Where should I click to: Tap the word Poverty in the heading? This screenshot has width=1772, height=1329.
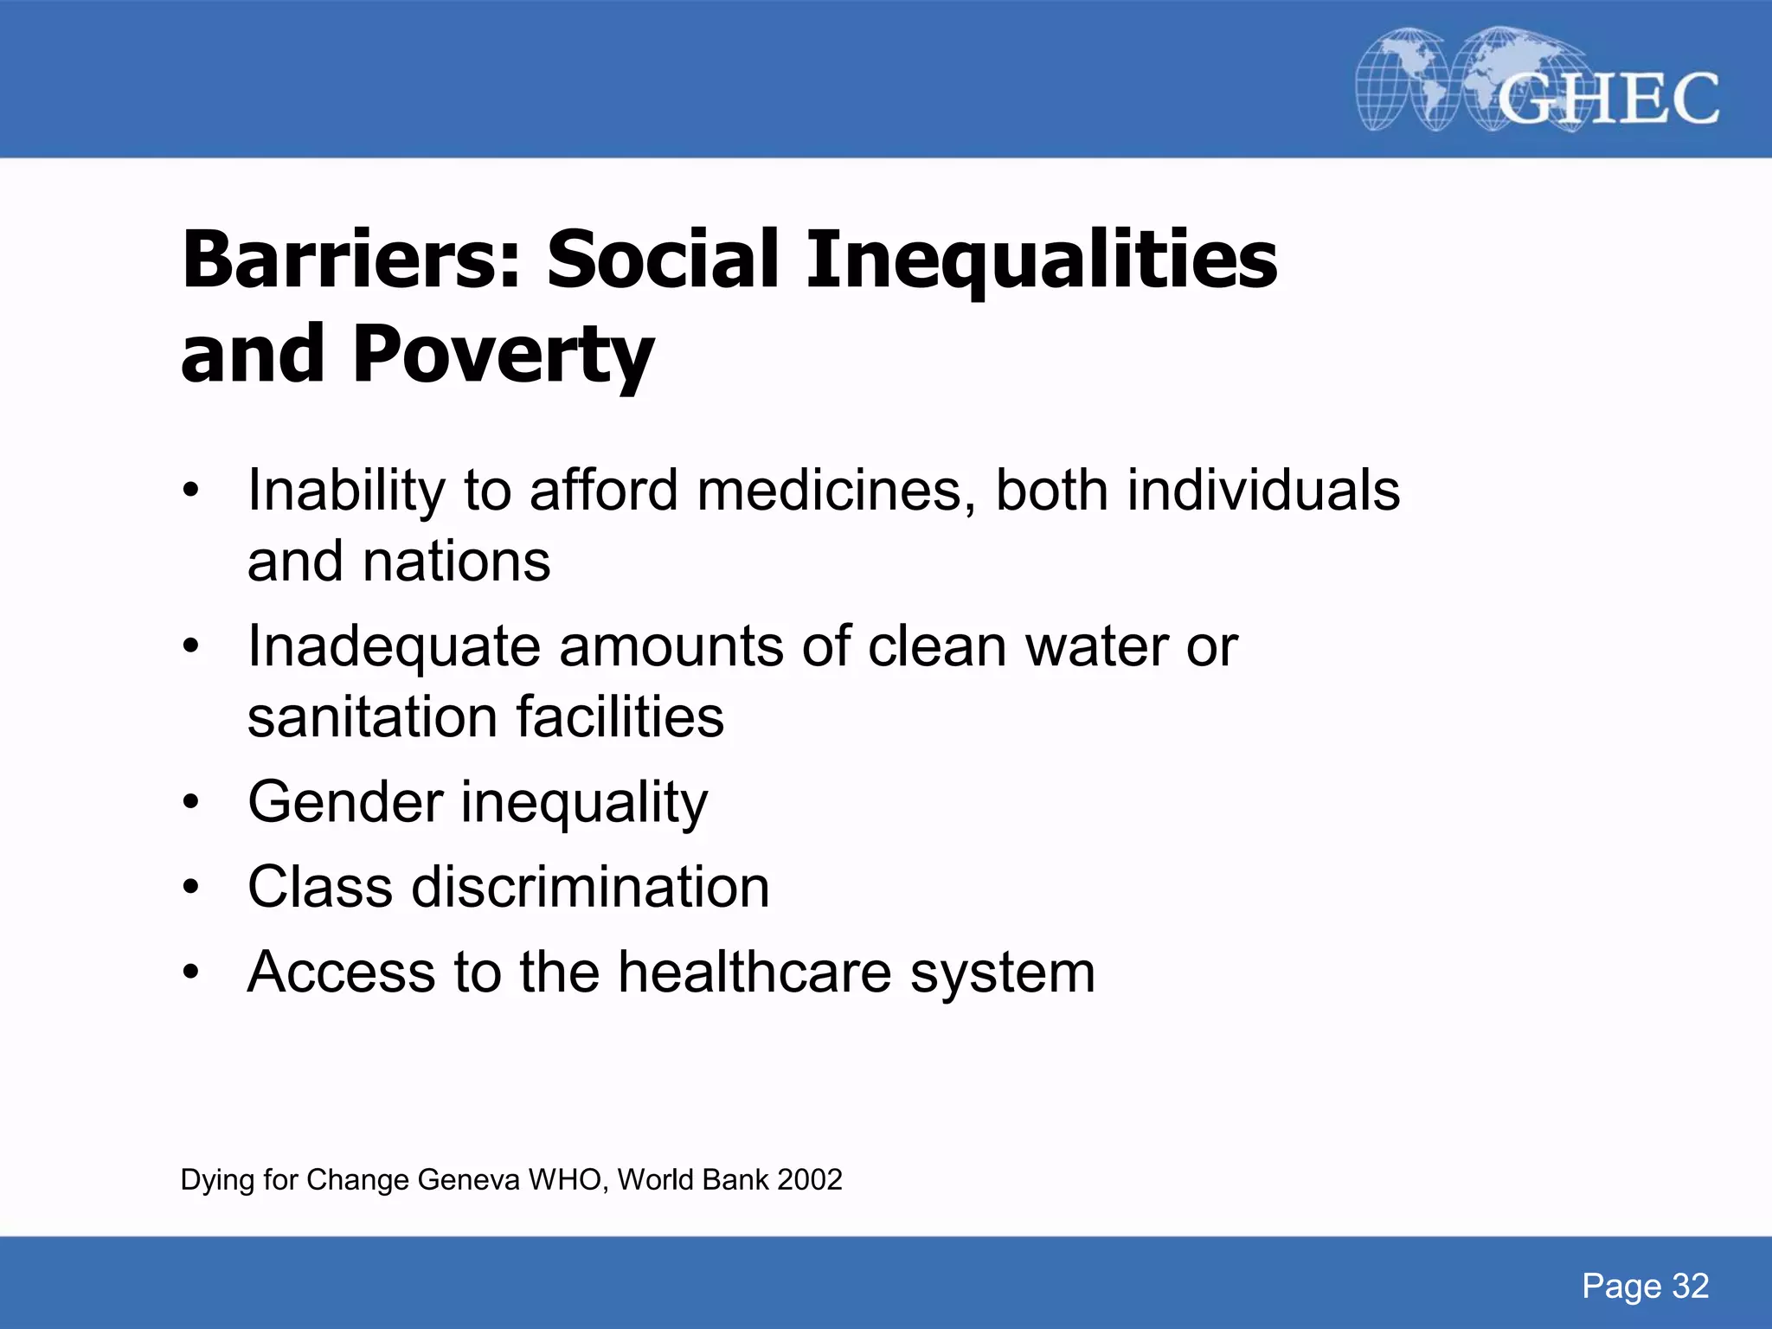pyautogui.click(x=504, y=355)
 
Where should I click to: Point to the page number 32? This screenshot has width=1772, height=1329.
pyautogui.click(x=1690, y=1287)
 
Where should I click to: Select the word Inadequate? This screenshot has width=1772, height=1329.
pyautogui.click(x=394, y=647)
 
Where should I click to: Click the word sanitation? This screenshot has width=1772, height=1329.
pyautogui.click(x=372, y=717)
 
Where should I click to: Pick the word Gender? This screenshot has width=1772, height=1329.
pyautogui.click(x=345, y=802)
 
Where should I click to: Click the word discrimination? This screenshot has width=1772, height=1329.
pyautogui.click(x=590, y=887)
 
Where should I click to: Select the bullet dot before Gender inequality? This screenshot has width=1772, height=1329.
pyautogui.click(x=191, y=802)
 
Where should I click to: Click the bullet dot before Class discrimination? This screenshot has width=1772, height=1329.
pyautogui.click(x=191, y=887)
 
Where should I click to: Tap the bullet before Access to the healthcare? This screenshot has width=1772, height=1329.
pyautogui.click(x=191, y=972)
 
